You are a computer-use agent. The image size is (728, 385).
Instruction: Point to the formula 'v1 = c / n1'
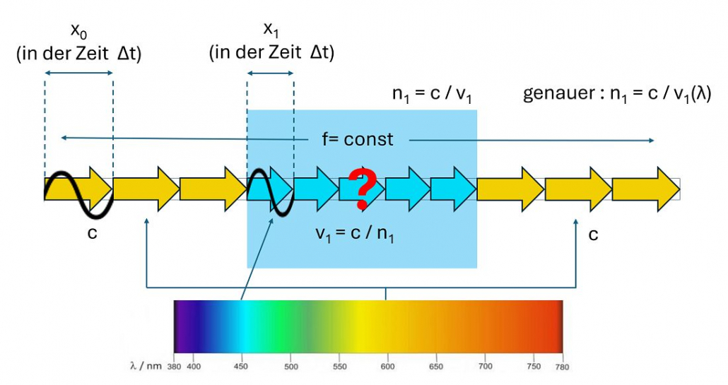[356, 234]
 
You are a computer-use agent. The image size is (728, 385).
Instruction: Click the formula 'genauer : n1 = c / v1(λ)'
[616, 94]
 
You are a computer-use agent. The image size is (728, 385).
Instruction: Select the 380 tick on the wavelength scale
[173, 367]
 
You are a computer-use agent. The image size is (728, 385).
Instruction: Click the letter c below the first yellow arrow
[91, 233]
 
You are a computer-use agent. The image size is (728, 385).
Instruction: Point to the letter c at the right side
[593, 233]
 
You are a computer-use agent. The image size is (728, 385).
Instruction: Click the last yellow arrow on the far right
[645, 189]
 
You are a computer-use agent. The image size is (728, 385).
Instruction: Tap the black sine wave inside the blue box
[270, 191]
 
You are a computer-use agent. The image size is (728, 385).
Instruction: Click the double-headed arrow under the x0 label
[78, 73]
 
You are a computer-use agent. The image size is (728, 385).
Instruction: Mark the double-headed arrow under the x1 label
[270, 73]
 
